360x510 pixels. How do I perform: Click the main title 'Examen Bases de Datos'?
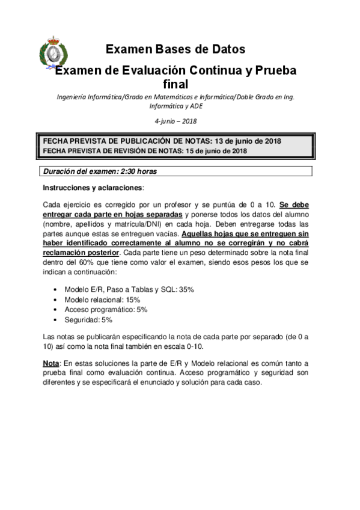coord(175,49)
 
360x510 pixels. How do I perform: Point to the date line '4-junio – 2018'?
coord(175,121)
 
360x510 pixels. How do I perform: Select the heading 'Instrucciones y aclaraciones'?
coord(93,188)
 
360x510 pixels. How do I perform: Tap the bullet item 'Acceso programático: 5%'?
coord(106,310)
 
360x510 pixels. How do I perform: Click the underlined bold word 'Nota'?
coord(51,363)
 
